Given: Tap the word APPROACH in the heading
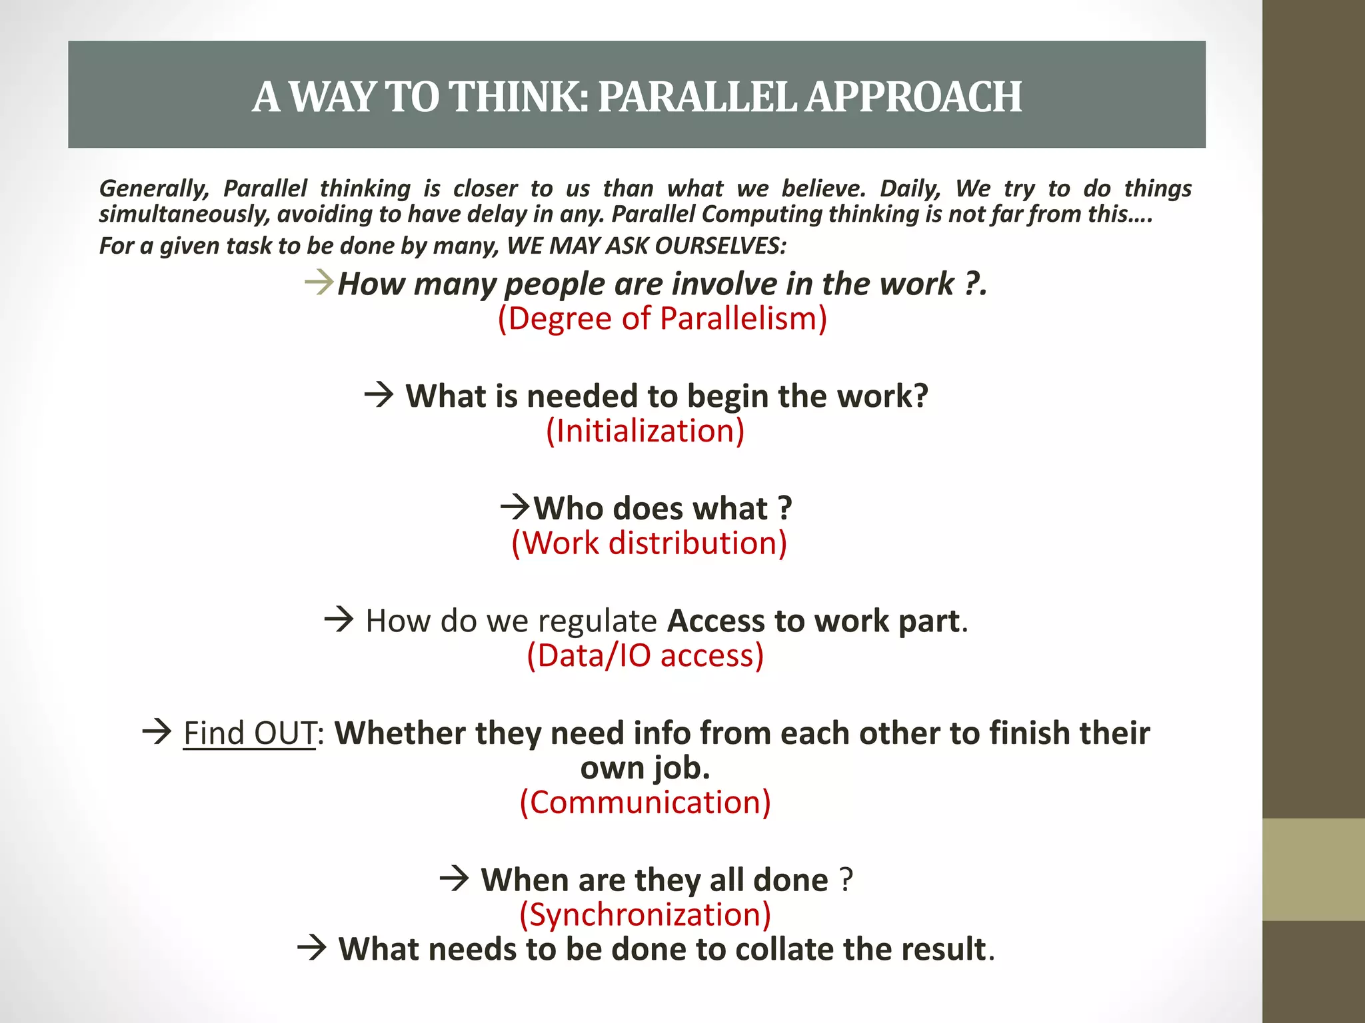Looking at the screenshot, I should click(x=914, y=97).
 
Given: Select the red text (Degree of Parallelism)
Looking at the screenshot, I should click(x=663, y=318).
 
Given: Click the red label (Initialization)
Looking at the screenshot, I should click(x=645, y=431).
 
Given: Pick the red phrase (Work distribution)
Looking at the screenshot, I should click(x=649, y=543).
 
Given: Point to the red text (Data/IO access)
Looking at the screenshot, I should click(x=645, y=655).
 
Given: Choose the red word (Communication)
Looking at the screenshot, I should click(x=645, y=802).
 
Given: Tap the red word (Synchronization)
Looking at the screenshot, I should click(x=645, y=914).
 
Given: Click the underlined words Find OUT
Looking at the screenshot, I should click(x=249, y=733).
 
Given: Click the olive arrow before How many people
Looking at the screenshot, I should click(x=319, y=282).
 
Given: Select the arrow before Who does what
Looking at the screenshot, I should click(x=515, y=508).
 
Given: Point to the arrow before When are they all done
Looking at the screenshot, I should click(x=455, y=879).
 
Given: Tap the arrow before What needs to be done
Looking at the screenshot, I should click(x=312, y=948).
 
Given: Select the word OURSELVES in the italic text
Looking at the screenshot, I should click(x=720, y=246).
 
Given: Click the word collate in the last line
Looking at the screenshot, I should click(x=786, y=949).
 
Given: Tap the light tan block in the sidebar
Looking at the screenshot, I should click(x=1313, y=869).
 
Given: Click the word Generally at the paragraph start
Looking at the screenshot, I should click(x=154, y=188).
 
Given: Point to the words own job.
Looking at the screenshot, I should click(x=645, y=768).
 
